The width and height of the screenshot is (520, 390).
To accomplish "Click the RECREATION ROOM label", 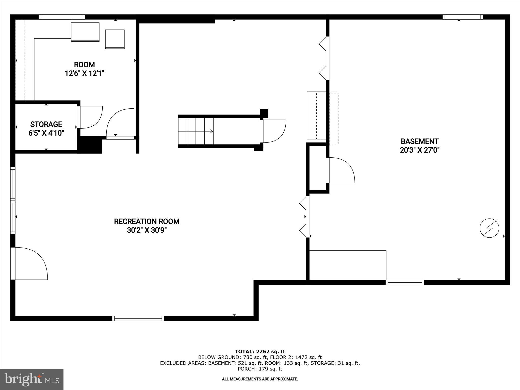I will [147, 221].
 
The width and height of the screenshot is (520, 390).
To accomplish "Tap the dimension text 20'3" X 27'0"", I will [419, 150].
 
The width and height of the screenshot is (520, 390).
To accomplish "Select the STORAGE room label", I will [46, 124].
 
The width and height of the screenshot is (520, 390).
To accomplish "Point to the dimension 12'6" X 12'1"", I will [84, 74].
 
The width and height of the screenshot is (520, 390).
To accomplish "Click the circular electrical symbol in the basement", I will [489, 228].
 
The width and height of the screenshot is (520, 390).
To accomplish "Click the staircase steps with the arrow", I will [196, 131].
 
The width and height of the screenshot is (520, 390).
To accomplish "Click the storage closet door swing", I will [90, 117].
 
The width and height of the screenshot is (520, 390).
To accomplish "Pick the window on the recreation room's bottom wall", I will [138, 318].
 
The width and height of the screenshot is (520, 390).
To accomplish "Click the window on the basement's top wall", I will [463, 17].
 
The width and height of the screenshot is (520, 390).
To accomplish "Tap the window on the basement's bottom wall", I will [405, 282].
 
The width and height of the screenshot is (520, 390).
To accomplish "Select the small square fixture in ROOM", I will [115, 39].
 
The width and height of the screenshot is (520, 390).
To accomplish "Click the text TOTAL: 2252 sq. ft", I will [260, 351].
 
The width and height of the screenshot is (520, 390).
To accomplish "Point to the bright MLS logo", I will [32, 380].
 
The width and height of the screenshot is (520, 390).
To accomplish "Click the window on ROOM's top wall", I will [62, 17].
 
